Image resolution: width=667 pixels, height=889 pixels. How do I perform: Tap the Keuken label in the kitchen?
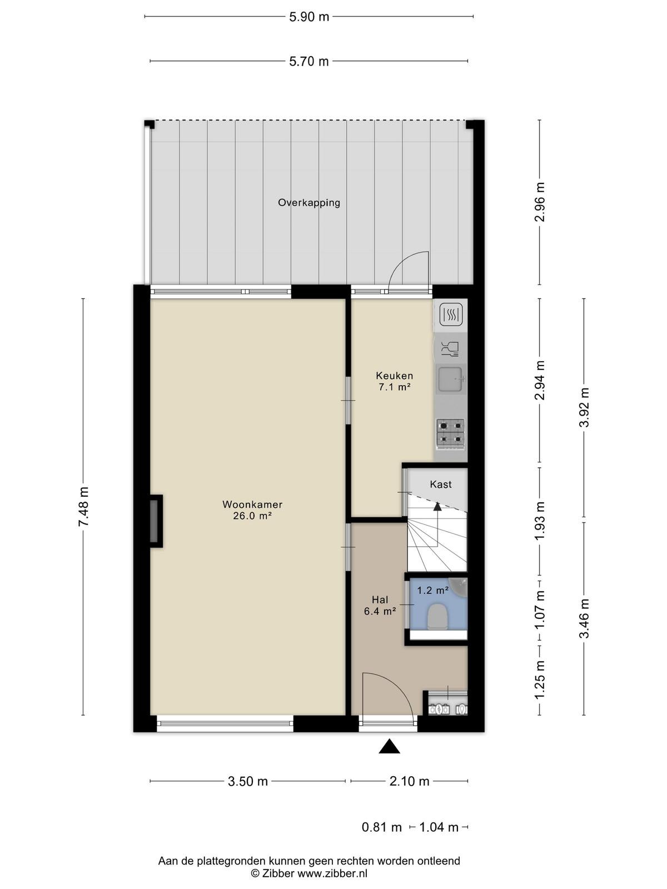[x=394, y=376]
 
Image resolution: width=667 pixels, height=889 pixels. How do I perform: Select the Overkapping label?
[x=308, y=202]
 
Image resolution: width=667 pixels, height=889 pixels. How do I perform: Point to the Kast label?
[x=441, y=484]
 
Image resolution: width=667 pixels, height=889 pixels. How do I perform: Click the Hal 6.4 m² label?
[x=380, y=606]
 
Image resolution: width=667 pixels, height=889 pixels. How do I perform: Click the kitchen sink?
[x=451, y=379]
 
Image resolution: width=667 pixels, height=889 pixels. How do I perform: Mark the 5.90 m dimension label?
[x=309, y=17]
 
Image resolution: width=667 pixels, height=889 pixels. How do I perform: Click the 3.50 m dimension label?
[x=248, y=781]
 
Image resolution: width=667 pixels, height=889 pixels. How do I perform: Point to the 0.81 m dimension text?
[x=381, y=827]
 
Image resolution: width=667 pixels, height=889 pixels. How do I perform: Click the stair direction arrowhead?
[x=437, y=506]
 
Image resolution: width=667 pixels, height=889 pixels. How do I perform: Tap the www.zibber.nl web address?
[x=332, y=873]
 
